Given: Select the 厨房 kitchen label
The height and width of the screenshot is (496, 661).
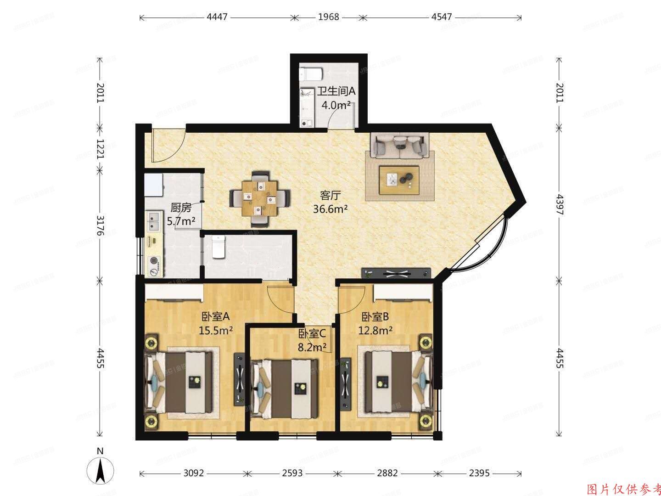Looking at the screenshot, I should pos(181,208).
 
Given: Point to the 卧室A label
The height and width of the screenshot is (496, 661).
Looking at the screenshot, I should pos(215,316).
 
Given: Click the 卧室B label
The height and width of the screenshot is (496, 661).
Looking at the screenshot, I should pos(375,316).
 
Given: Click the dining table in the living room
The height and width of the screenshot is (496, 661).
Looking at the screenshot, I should pos(260,198).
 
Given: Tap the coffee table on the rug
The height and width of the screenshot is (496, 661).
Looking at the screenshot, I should pos(399,180).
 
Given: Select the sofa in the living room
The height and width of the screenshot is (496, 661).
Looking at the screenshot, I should pos(399,146).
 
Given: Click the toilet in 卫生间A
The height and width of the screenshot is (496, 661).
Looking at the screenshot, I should pos(311,73).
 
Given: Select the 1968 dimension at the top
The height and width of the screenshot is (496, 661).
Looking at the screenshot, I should pos(328,17).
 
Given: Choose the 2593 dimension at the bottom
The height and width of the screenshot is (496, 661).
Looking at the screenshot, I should pos(292,473).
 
